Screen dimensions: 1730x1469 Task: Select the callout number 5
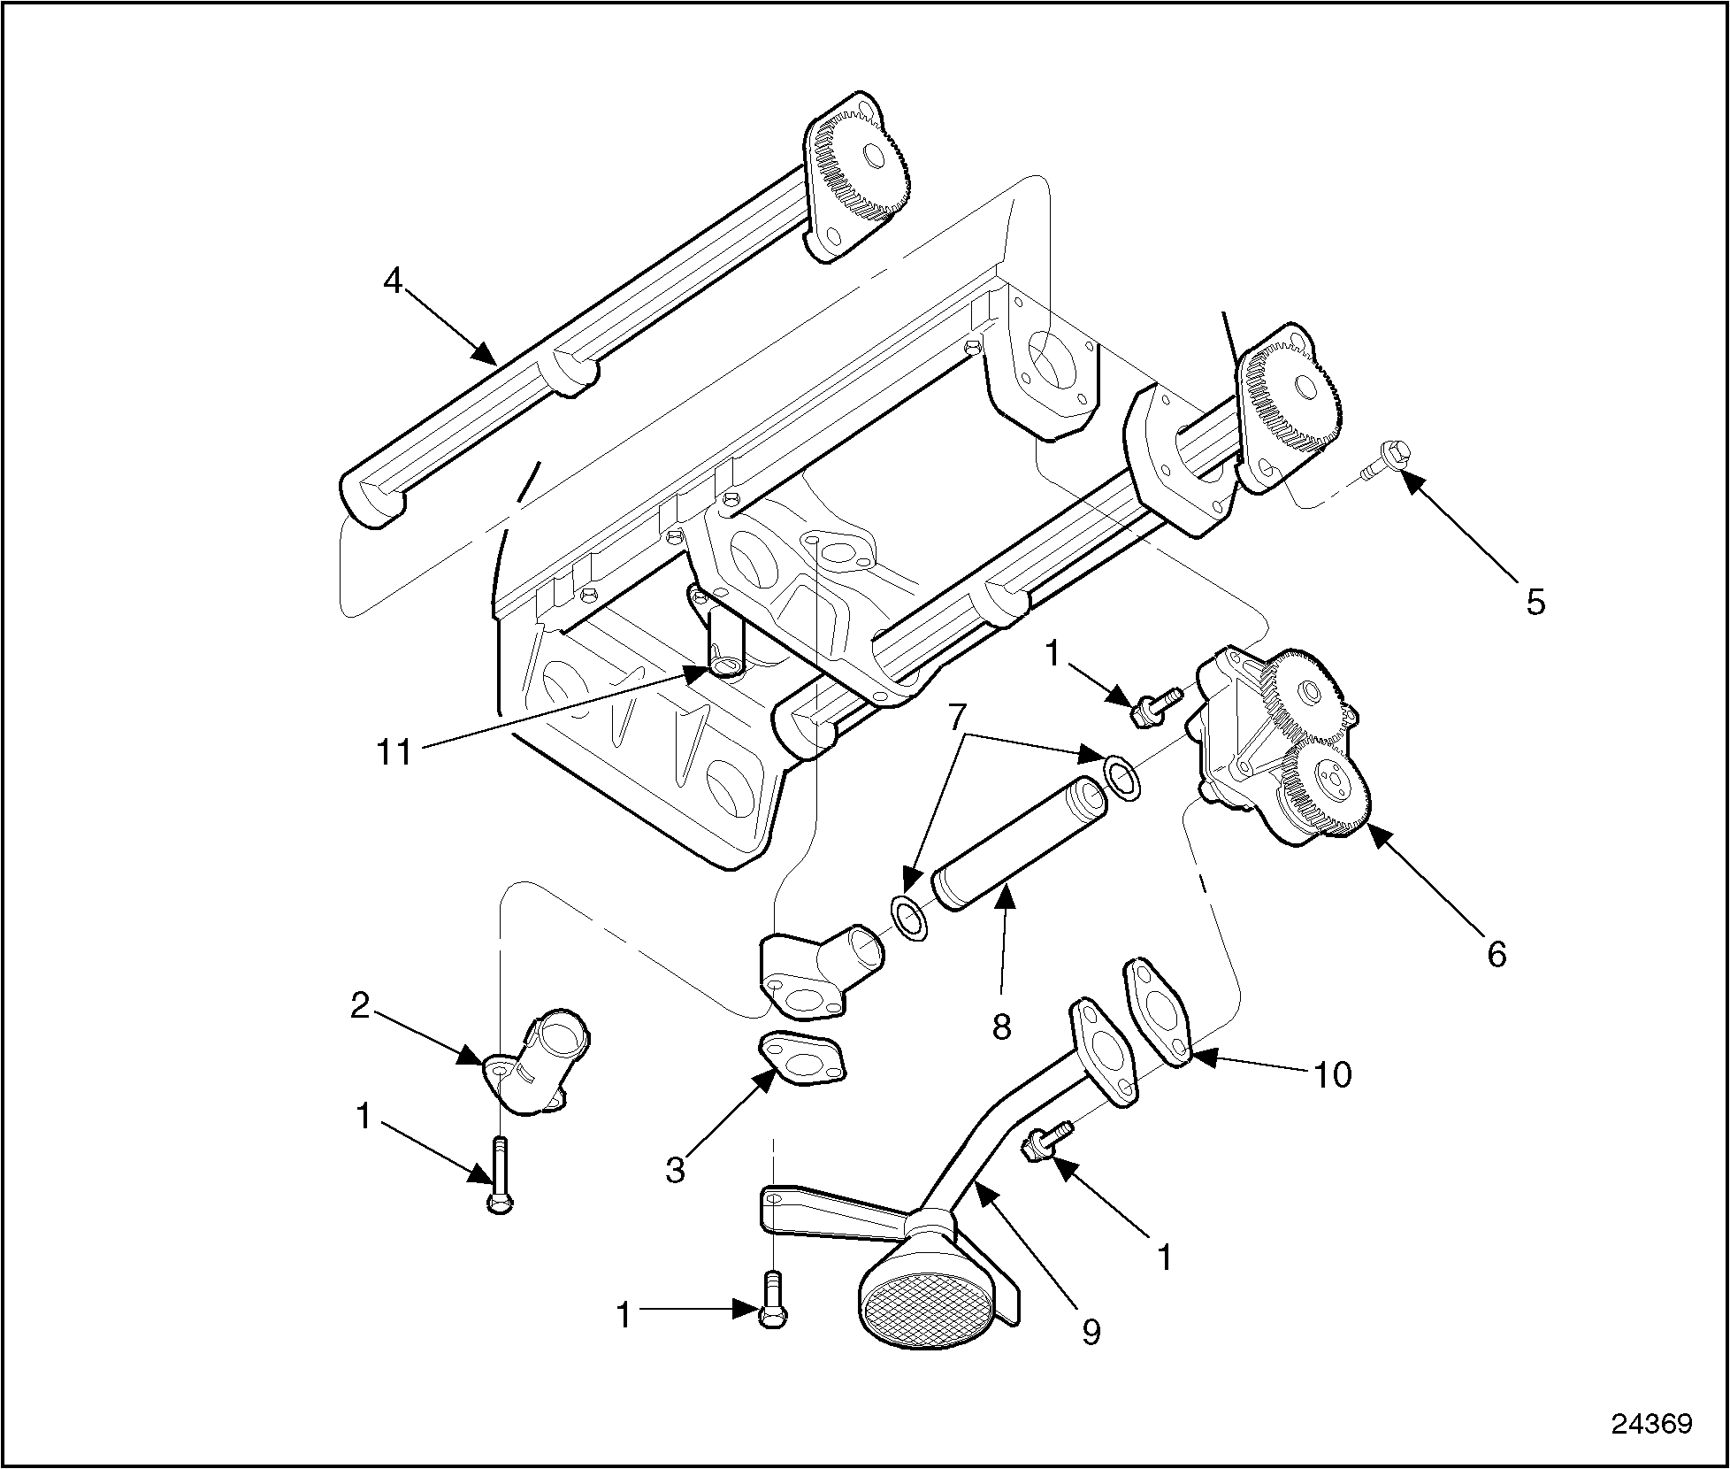click(x=1535, y=602)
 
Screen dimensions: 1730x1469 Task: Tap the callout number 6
click(x=1496, y=954)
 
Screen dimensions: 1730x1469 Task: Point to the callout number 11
click(x=394, y=751)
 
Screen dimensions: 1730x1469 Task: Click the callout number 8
click(x=1001, y=1027)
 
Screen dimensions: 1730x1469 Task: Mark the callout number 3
click(x=676, y=1170)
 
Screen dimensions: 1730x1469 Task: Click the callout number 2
click(x=359, y=1006)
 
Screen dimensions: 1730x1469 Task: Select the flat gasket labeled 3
click(x=801, y=1057)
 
